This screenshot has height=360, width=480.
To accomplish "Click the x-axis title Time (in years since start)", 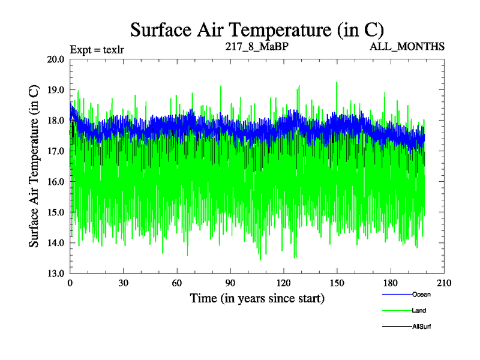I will pyautogui.click(x=257, y=298).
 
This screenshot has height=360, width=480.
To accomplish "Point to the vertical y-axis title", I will pyautogui.click(x=34, y=166).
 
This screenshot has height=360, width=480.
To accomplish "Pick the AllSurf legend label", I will pyautogui.click(x=421, y=327).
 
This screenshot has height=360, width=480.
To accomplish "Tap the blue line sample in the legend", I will pyautogui.click(x=397, y=294).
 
